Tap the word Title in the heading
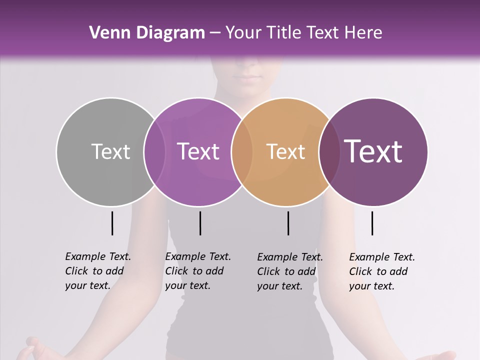tap(283, 33)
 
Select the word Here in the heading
tap(363, 33)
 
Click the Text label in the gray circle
tap(110, 151)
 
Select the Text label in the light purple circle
tap(198, 151)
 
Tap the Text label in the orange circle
tap(285, 151)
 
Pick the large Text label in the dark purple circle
tap(373, 151)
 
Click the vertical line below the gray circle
tap(112, 223)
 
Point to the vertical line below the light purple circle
tap(200, 223)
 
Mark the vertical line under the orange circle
tap(288, 223)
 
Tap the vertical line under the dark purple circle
tap(372, 223)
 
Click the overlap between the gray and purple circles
tap(154, 151)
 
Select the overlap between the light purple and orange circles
tap(242, 151)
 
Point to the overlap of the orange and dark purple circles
tap(329, 151)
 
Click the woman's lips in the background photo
tap(248, 78)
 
